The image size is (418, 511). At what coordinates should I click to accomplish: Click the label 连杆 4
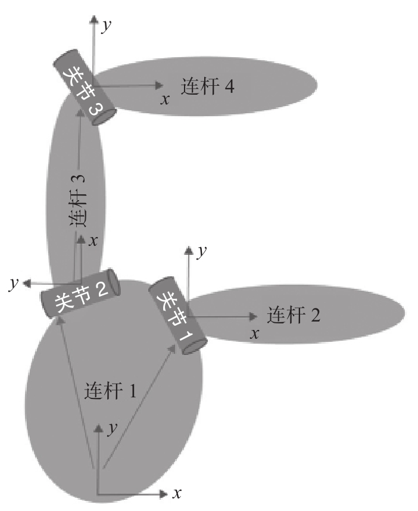click(209, 87)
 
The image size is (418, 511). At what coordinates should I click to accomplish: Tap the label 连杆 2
click(294, 314)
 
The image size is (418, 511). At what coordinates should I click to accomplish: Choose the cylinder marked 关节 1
click(178, 314)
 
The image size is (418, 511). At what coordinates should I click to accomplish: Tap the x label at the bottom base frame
click(176, 494)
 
